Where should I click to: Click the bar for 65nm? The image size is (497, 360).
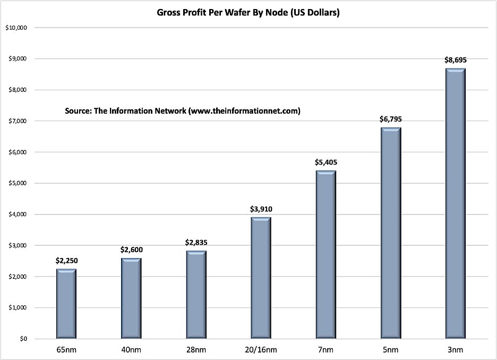pos(66,303)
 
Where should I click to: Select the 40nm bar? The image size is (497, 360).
pos(131,298)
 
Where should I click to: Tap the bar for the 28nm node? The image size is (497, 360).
pos(196,294)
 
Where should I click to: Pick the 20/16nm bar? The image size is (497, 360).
pos(261,278)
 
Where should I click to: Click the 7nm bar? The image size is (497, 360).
pos(326,254)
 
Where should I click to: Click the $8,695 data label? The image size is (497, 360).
pos(456,61)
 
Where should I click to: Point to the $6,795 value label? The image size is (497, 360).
pos(391,119)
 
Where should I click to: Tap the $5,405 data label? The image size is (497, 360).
pos(326,162)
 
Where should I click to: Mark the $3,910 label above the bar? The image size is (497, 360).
pos(261,209)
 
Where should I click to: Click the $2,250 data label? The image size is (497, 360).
pos(66,261)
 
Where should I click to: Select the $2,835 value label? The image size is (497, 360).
pos(196,243)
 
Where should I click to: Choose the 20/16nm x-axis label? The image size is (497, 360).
pos(261,350)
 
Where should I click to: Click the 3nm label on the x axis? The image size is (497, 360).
pos(456,350)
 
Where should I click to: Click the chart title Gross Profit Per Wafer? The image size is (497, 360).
pos(248,12)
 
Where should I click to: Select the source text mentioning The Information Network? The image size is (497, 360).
pos(183,111)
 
